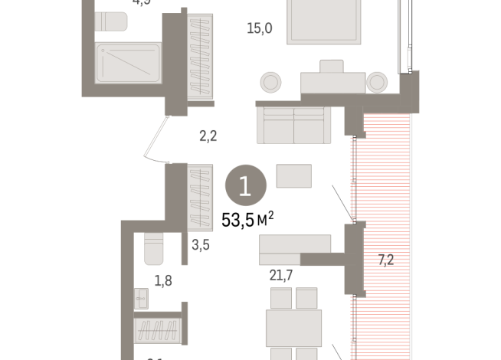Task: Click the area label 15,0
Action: [x=260, y=30]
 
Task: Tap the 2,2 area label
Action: [x=208, y=137]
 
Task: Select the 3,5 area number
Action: [x=201, y=246]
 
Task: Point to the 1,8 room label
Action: [x=163, y=280]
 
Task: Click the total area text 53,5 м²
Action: [x=247, y=221]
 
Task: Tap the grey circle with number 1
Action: [x=247, y=185]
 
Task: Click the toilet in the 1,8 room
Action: [x=151, y=248]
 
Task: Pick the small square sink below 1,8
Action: [x=142, y=298]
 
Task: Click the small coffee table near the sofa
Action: [x=294, y=176]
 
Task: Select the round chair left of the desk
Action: [x=271, y=81]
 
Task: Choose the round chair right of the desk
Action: [x=377, y=81]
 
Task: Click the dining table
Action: [x=295, y=327]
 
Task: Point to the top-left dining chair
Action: [x=281, y=297]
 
